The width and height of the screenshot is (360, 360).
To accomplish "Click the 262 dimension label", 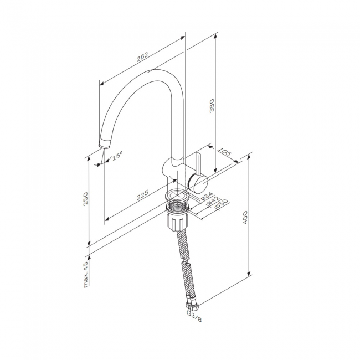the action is tap(142, 57).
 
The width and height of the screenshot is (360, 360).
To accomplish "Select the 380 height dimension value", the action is tap(212, 105).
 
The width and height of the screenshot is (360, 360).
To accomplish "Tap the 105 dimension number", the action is tap(224, 152).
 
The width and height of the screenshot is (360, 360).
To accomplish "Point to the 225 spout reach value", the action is tap(142, 195).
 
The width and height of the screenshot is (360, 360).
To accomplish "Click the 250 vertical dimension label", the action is tap(85, 199).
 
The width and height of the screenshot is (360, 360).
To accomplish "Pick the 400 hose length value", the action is tap(245, 218).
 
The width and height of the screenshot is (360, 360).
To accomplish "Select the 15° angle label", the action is tap(117, 156).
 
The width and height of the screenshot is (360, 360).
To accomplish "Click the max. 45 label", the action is tap(86, 274).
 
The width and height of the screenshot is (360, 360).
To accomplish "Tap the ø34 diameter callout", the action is tap(207, 196).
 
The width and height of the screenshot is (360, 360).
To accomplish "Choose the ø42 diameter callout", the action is tap(213, 200).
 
